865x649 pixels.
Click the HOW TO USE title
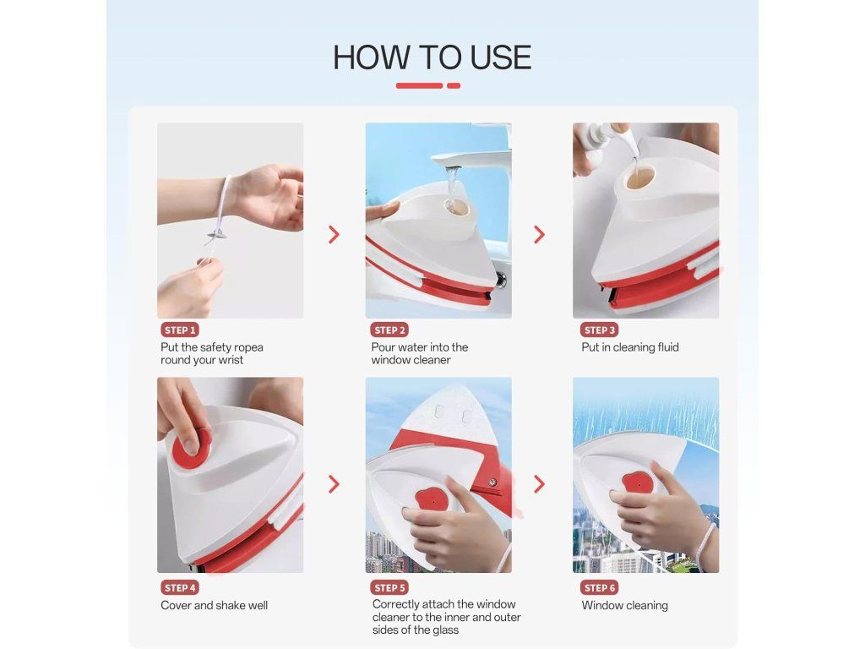(x=432, y=57)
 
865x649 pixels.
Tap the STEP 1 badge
(x=180, y=330)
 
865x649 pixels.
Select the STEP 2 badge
(x=389, y=330)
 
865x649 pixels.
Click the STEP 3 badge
(x=599, y=330)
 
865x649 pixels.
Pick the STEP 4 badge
(x=180, y=588)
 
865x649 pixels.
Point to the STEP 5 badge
(x=389, y=588)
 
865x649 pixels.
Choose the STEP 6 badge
(x=599, y=588)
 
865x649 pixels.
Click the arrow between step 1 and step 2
(x=334, y=235)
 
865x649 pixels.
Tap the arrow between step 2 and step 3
(x=539, y=235)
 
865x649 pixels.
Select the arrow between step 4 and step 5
(x=334, y=484)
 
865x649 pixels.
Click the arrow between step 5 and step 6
(x=539, y=484)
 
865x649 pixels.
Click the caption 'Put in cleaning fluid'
(x=630, y=347)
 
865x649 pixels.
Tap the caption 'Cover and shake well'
(x=214, y=605)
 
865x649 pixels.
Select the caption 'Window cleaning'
(x=624, y=605)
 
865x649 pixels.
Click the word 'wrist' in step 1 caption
(x=230, y=360)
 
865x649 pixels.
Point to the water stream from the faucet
(x=453, y=187)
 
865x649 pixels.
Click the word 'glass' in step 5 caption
(x=444, y=630)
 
